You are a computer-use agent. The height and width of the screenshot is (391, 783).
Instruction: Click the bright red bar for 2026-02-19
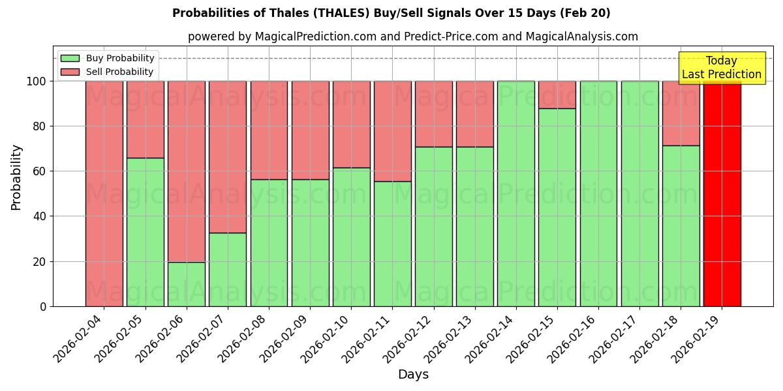(722, 194)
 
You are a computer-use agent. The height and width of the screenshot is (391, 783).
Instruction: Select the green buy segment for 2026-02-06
(187, 284)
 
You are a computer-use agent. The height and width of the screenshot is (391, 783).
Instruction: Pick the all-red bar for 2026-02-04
(104, 194)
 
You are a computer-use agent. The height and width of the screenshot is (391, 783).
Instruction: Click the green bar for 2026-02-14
(516, 194)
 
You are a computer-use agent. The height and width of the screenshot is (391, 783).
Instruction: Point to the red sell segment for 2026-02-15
(557, 94)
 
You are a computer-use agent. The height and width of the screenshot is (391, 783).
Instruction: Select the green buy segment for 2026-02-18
(681, 225)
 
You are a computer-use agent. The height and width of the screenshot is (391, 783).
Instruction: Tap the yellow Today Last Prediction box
(721, 68)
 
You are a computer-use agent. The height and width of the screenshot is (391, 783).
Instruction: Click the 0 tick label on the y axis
(43, 306)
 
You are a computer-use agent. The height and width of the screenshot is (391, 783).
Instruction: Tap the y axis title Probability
(16, 177)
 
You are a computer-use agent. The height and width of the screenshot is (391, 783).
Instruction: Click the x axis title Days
(413, 375)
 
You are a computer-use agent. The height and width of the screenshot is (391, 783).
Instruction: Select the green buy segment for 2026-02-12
(434, 226)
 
